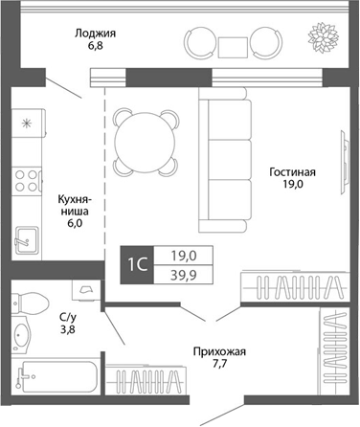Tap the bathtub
click(54, 384)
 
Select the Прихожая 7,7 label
click(219, 358)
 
